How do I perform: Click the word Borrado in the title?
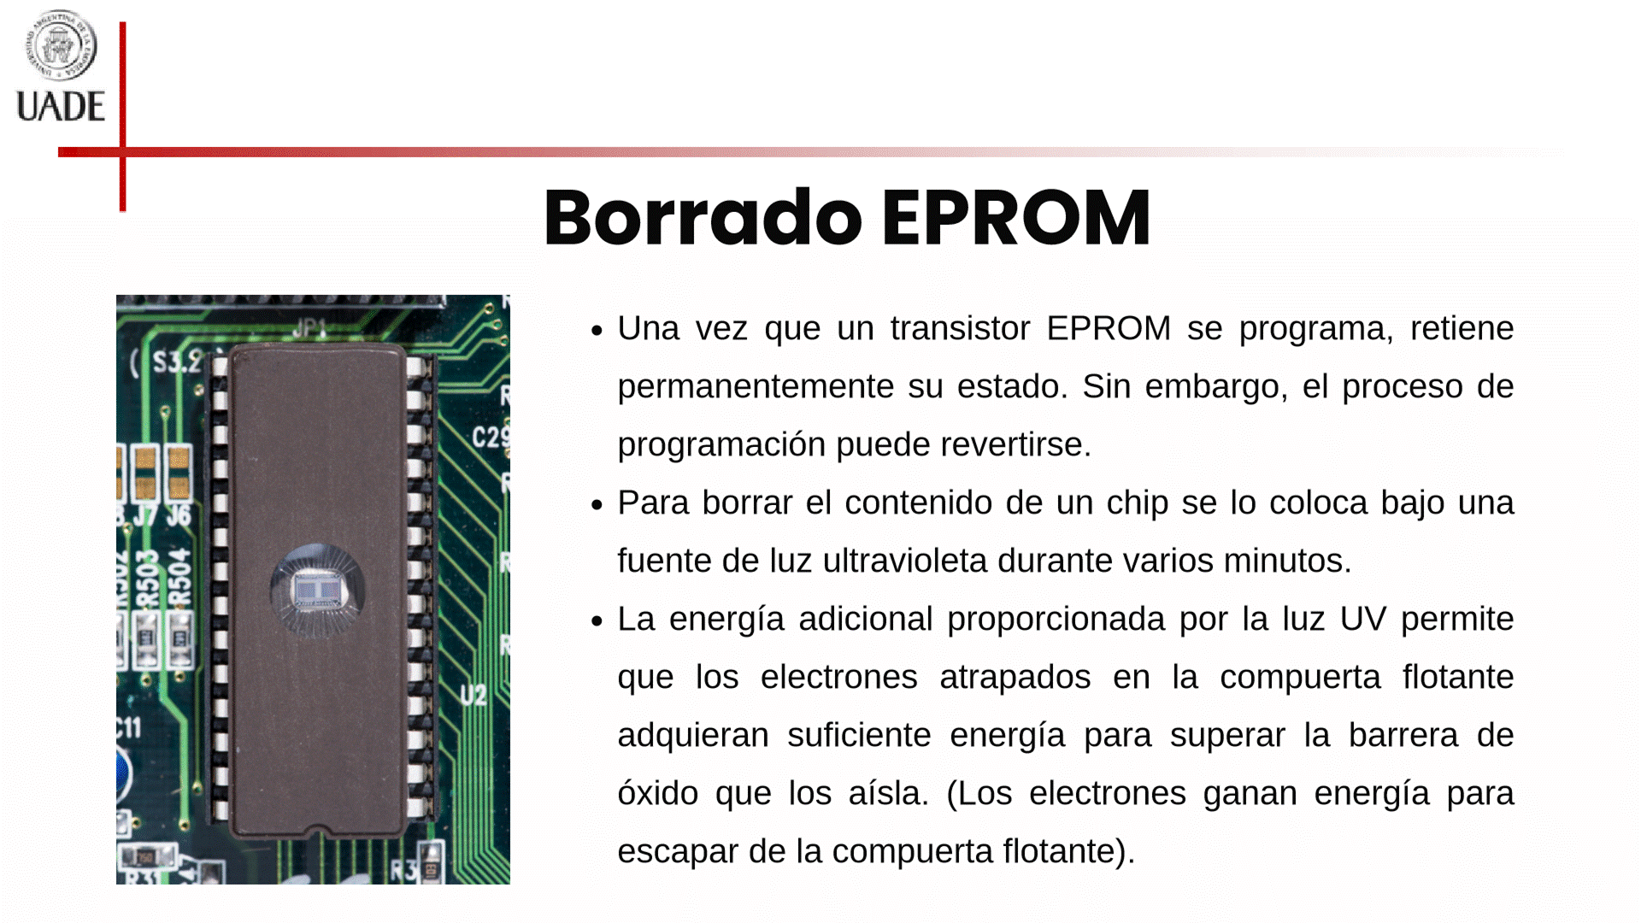pyautogui.click(x=703, y=218)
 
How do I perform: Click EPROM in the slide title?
pyautogui.click(x=1016, y=218)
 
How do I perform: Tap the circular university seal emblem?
pyautogui.click(x=60, y=45)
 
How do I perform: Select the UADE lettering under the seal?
pyautogui.click(x=61, y=107)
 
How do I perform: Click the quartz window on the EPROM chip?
pyautogui.click(x=318, y=590)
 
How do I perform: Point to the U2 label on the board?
pyautogui.click(x=473, y=695)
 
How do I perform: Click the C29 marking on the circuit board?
pyautogui.click(x=491, y=438)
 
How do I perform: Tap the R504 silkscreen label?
pyautogui.click(x=180, y=577)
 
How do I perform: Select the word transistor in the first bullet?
pyautogui.click(x=960, y=329)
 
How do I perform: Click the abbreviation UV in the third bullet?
pyautogui.click(x=1362, y=620)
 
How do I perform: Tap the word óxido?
pyautogui.click(x=658, y=794)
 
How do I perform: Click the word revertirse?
pyautogui.click(x=1015, y=445)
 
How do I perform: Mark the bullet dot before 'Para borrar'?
pyautogui.click(x=597, y=505)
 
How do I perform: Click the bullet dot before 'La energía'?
pyautogui.click(x=597, y=621)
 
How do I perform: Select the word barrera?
pyautogui.click(x=1403, y=736)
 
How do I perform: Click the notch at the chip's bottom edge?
pyautogui.click(x=318, y=830)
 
